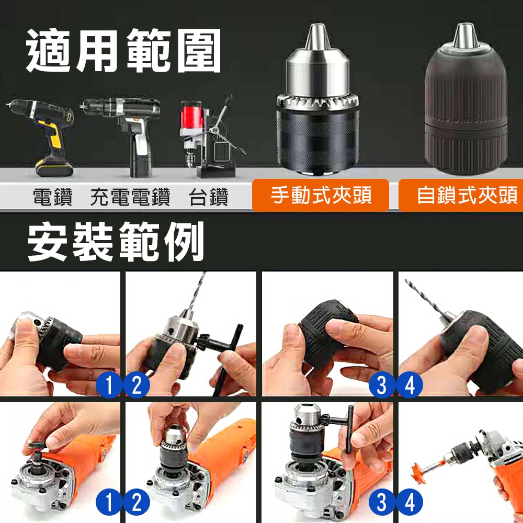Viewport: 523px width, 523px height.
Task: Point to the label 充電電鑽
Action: (x=130, y=198)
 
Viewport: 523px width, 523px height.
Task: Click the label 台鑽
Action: (x=208, y=198)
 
